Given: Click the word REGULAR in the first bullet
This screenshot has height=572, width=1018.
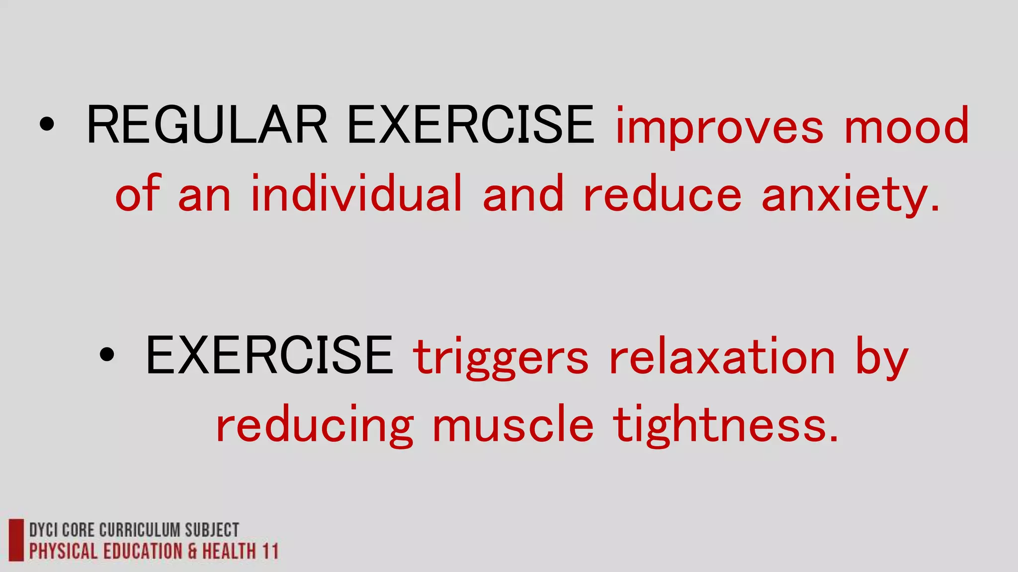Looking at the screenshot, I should point(207,125).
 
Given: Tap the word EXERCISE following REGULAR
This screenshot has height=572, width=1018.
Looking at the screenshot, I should point(470,125).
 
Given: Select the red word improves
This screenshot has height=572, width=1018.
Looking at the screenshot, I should point(720,127).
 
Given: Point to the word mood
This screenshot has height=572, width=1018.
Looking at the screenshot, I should point(907,126).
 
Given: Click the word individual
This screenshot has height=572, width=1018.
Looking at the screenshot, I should point(357,194).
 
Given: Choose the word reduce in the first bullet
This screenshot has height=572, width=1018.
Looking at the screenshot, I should point(663,194).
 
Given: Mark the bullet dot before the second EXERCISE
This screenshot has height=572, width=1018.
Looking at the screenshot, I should point(106,355).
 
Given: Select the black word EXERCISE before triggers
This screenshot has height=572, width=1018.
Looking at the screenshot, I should point(269,356).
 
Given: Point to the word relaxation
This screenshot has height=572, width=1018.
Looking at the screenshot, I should point(722,357).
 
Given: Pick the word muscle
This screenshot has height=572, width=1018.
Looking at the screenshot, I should point(513,425).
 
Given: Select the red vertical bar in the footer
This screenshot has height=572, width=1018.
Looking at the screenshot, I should point(16,540).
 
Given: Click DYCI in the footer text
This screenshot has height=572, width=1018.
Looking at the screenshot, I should point(43,530).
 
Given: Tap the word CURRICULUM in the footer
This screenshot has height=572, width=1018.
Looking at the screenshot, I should point(140,530).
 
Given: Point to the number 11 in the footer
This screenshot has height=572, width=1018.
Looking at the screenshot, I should point(270,552).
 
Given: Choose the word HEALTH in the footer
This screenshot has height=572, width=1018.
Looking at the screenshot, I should point(229,552).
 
